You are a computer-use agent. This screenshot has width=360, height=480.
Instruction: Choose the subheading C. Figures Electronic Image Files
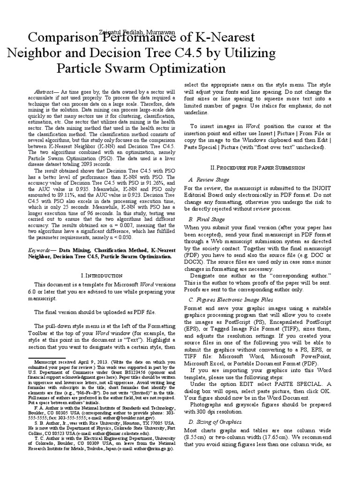pyautogui.click(x=230, y=299)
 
